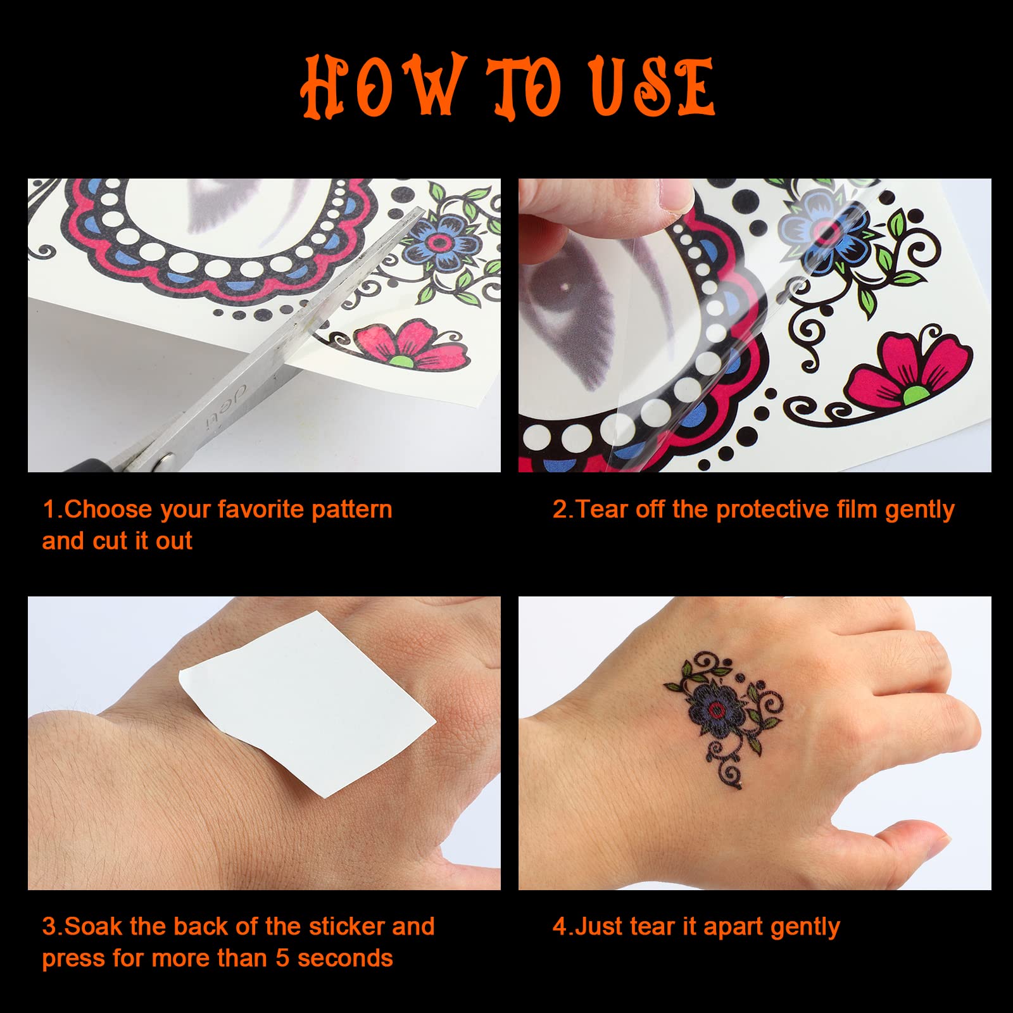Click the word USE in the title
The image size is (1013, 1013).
[x=652, y=87]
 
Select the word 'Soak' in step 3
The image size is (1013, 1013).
[x=94, y=926]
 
